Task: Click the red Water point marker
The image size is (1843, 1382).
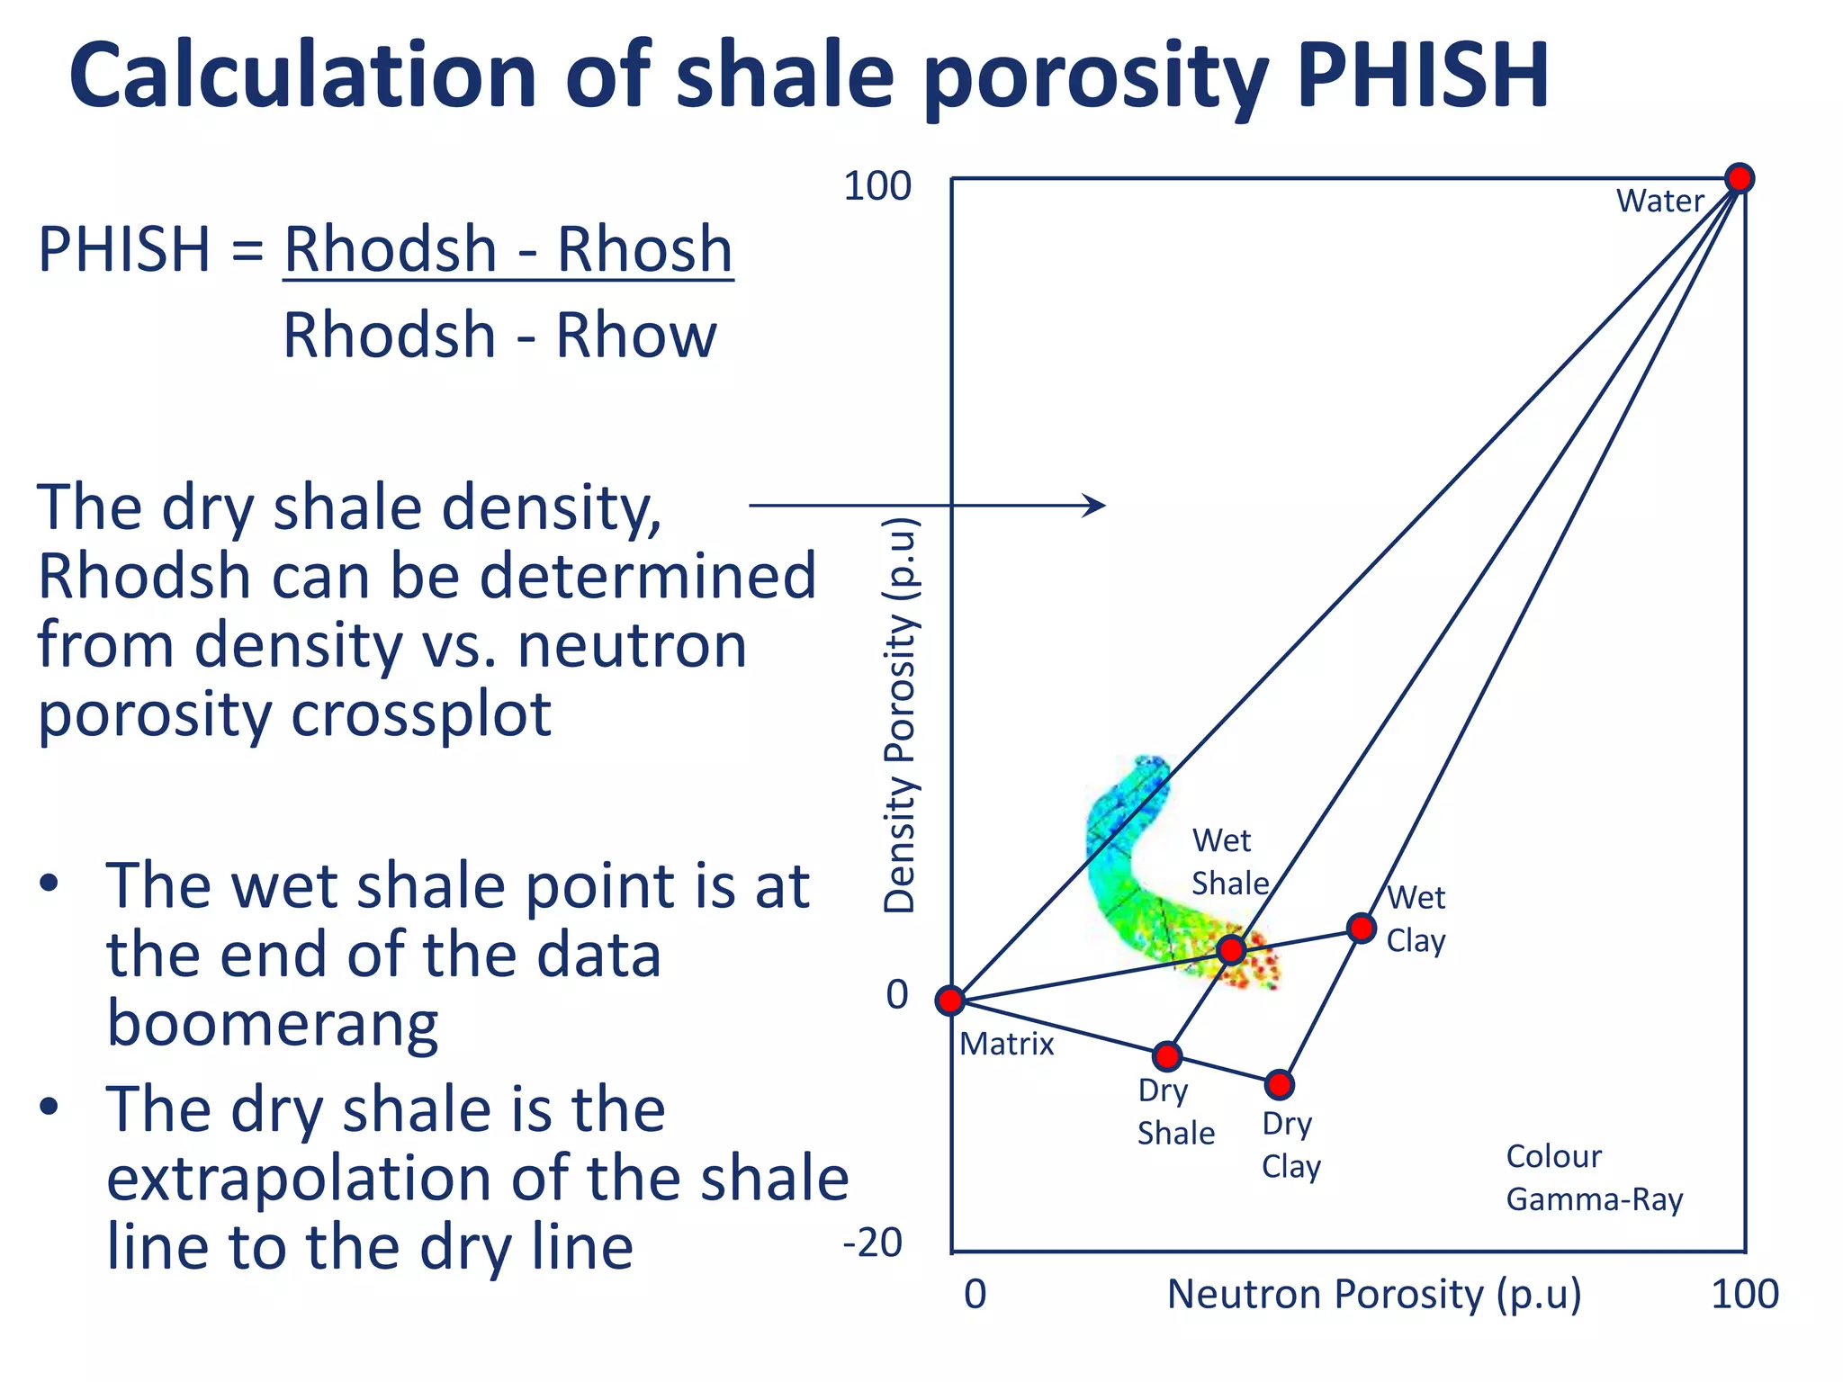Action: pos(1740,178)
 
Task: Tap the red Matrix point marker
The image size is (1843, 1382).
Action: pos(950,1001)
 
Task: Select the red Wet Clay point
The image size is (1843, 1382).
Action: pos(1362,928)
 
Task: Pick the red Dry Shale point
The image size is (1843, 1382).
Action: pos(1167,1056)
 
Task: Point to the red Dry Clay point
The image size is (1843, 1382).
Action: pos(1279,1085)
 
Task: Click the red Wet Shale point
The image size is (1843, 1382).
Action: pos(1231,949)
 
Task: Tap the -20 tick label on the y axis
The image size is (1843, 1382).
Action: pos(872,1243)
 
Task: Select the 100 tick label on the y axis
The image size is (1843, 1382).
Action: pos(877,186)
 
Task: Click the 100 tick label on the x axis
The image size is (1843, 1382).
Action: pos(1744,1295)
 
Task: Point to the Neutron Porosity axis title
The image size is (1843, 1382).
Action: pos(1373,1295)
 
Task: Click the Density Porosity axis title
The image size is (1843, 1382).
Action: pos(900,715)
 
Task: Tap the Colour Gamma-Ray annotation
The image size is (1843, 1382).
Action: pos(1593,1178)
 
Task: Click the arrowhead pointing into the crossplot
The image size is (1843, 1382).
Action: pos(1096,506)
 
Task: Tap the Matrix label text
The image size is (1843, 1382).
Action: pos(1006,1044)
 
